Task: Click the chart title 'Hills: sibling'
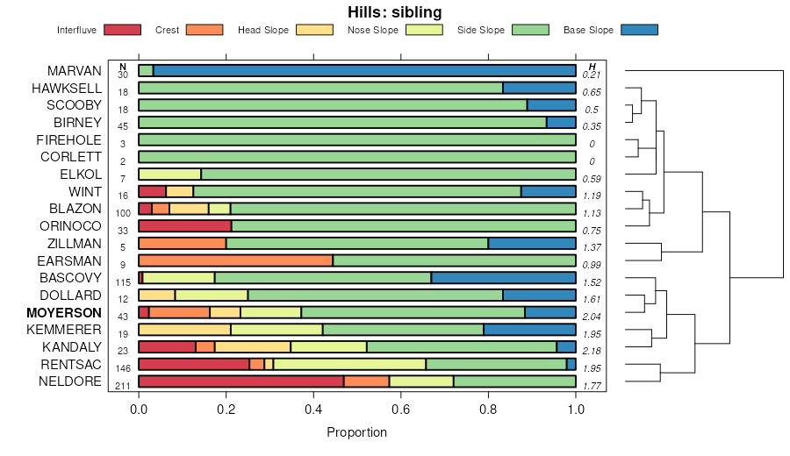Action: pyautogui.click(x=394, y=12)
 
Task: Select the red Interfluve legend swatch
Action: pyautogui.click(x=122, y=30)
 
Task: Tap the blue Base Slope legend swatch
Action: pyautogui.click(x=639, y=30)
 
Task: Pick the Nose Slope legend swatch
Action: pyautogui.click(x=425, y=30)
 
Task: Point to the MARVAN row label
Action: pyautogui.click(x=75, y=71)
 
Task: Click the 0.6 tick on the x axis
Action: pyautogui.click(x=401, y=409)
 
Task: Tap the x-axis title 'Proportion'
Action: pyautogui.click(x=356, y=432)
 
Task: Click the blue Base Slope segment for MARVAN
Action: pyautogui.click(x=364, y=71)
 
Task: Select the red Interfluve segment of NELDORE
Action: pyautogui.click(x=241, y=381)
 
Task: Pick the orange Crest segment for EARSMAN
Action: pyautogui.click(x=235, y=260)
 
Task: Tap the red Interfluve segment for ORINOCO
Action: pyautogui.click(x=162, y=226)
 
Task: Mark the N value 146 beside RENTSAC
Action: pyautogui.click(x=122, y=369)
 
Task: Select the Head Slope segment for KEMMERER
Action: pyautogui.click(x=184, y=330)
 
